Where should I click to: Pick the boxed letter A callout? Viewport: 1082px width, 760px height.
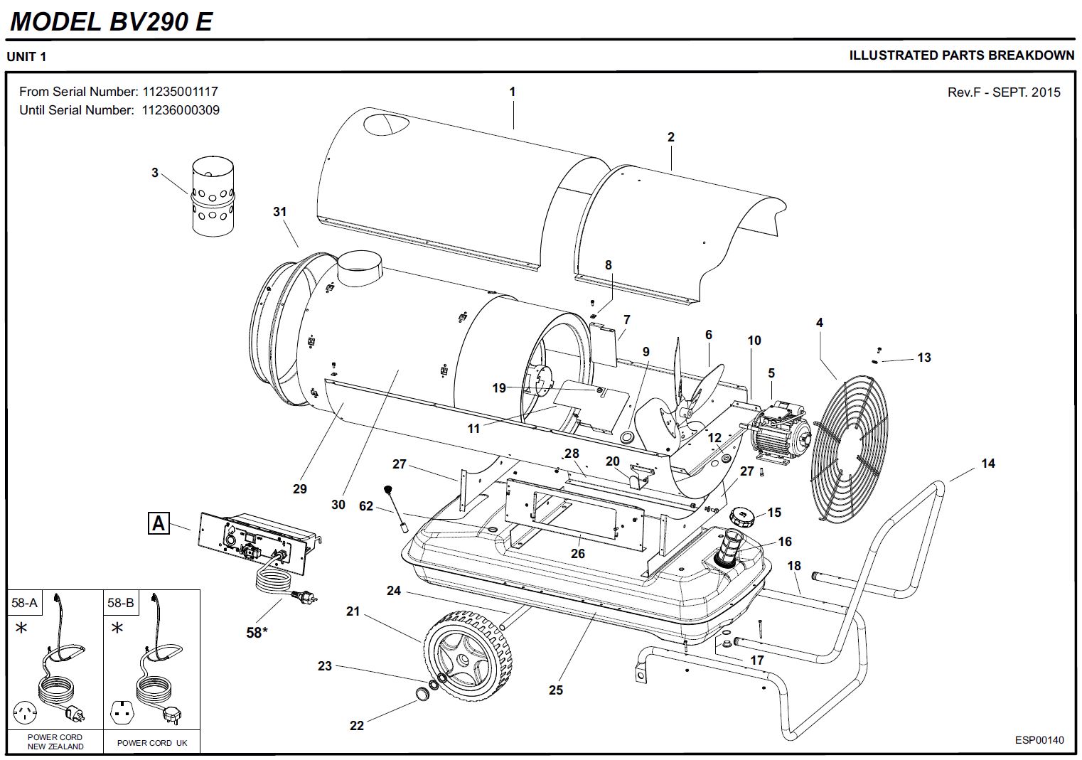tap(158, 524)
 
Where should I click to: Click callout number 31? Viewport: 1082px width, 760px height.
tap(279, 211)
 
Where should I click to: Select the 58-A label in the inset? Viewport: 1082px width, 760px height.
tap(24, 603)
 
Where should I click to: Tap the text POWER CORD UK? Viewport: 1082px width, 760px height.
tap(152, 743)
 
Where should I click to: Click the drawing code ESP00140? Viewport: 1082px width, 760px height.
tap(1039, 740)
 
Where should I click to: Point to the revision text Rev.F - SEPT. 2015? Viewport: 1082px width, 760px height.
tap(1003, 92)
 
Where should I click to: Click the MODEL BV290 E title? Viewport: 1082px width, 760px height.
tap(111, 22)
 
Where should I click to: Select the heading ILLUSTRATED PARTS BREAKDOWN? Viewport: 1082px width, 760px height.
tap(961, 55)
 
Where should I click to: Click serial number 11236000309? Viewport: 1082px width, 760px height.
tap(181, 110)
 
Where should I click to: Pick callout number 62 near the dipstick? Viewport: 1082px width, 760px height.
tap(366, 506)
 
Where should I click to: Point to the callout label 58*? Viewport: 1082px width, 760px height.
tap(256, 631)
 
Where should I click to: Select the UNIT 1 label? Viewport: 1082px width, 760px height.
tap(26, 57)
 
